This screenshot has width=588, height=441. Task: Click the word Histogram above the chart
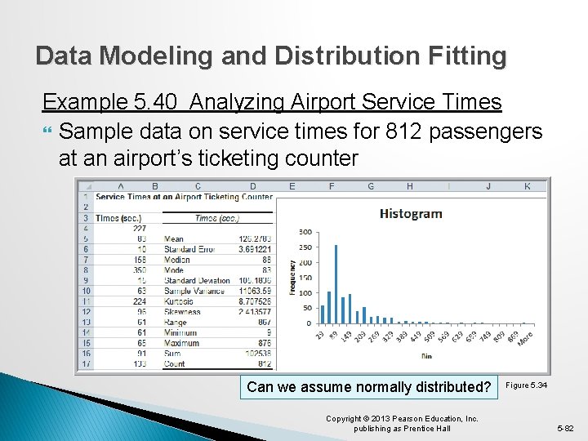coord(411,214)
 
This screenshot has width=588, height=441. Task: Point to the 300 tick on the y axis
coord(305,232)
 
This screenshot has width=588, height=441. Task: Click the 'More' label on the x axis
coord(525,336)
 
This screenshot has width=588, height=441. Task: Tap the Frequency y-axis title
coord(292,278)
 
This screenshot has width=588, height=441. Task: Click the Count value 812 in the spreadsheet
coord(262,364)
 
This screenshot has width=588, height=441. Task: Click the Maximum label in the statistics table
coord(181,343)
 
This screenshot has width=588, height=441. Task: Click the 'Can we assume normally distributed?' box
coord(368,387)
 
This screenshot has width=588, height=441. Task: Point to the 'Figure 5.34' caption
coord(527,385)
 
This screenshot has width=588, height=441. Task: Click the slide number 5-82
coord(566,428)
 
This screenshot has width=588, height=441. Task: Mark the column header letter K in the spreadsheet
coord(527,186)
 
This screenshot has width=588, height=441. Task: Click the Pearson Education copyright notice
coord(401,423)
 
